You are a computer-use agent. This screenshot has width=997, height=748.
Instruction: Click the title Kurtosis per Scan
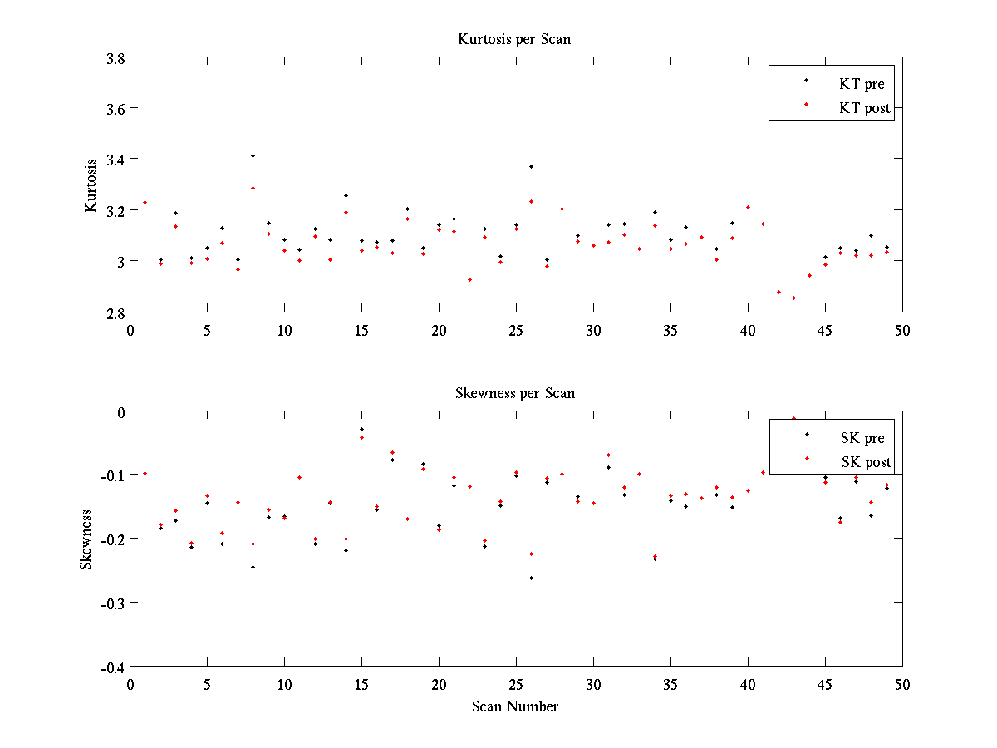click(514, 39)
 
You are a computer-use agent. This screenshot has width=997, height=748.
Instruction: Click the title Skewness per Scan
click(515, 393)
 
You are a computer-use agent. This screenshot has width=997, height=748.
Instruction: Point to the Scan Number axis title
click(515, 706)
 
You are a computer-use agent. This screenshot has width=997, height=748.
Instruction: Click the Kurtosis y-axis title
click(91, 185)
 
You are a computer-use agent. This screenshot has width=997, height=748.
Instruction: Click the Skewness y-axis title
click(86, 539)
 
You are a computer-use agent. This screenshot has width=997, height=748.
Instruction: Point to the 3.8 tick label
click(115, 59)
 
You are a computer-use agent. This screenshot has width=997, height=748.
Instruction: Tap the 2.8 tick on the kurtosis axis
click(115, 313)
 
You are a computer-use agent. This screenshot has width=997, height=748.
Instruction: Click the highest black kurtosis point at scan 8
click(253, 155)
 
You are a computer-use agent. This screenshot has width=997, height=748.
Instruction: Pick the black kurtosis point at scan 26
click(531, 166)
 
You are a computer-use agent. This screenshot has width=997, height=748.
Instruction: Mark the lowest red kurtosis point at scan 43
click(793, 298)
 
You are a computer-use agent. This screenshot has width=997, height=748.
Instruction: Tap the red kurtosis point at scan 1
click(145, 202)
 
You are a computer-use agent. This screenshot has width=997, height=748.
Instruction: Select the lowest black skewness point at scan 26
click(531, 578)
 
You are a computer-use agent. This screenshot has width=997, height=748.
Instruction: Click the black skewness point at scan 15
click(361, 429)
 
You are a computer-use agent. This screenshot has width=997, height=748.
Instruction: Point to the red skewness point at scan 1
click(145, 473)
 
